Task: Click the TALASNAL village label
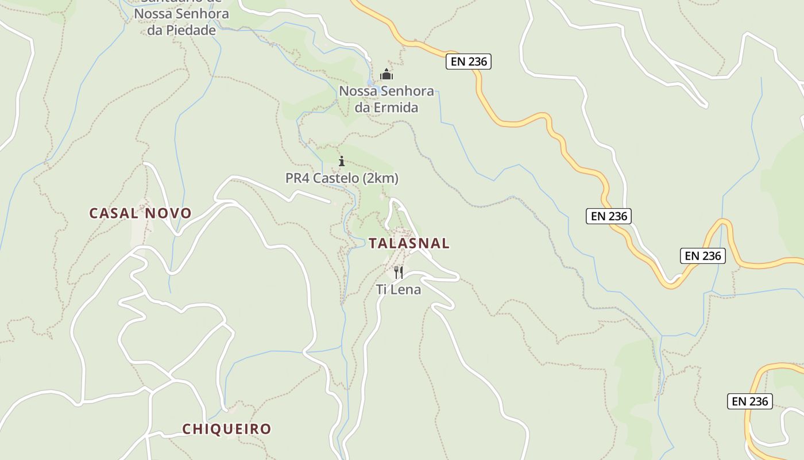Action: click(409, 243)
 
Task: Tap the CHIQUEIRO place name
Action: click(226, 429)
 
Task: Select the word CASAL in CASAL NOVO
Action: click(114, 213)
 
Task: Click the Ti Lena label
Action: click(399, 290)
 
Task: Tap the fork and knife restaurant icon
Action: click(399, 272)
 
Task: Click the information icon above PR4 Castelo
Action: click(342, 161)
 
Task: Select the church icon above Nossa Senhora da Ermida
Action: click(386, 75)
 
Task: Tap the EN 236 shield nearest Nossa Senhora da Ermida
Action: click(469, 62)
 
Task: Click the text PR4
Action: click(297, 179)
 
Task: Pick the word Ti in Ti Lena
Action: click(382, 290)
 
